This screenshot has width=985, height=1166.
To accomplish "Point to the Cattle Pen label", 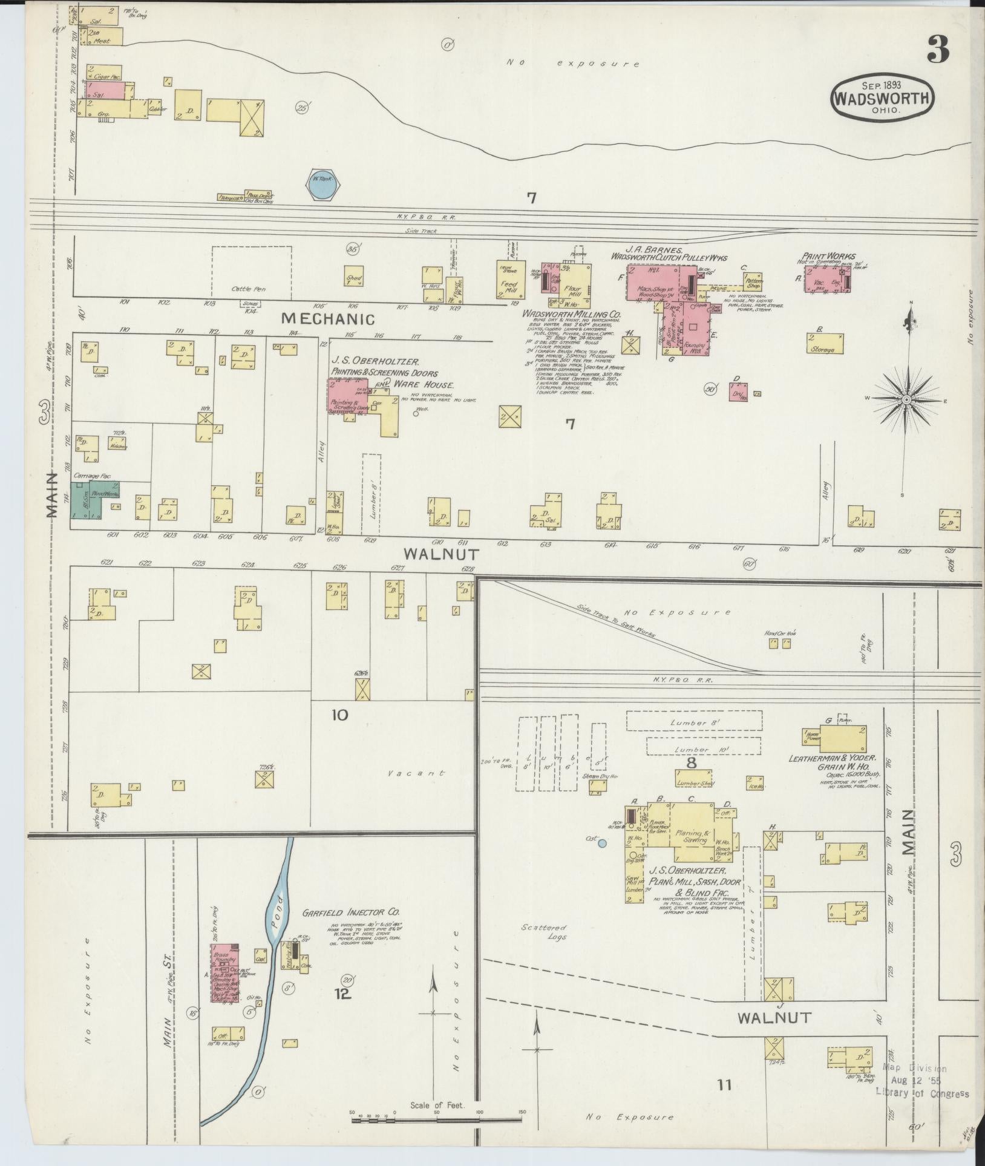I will pos(248,289).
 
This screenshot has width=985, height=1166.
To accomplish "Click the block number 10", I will pos(339,715).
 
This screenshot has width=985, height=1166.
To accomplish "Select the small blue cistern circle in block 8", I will pos(601,842).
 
